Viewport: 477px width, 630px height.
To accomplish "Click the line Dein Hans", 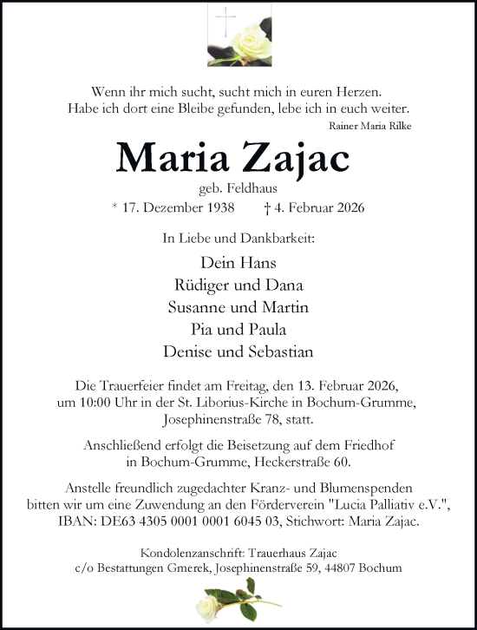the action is click(x=238, y=262).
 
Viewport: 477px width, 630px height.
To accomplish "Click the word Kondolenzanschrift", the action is click(x=189, y=553).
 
